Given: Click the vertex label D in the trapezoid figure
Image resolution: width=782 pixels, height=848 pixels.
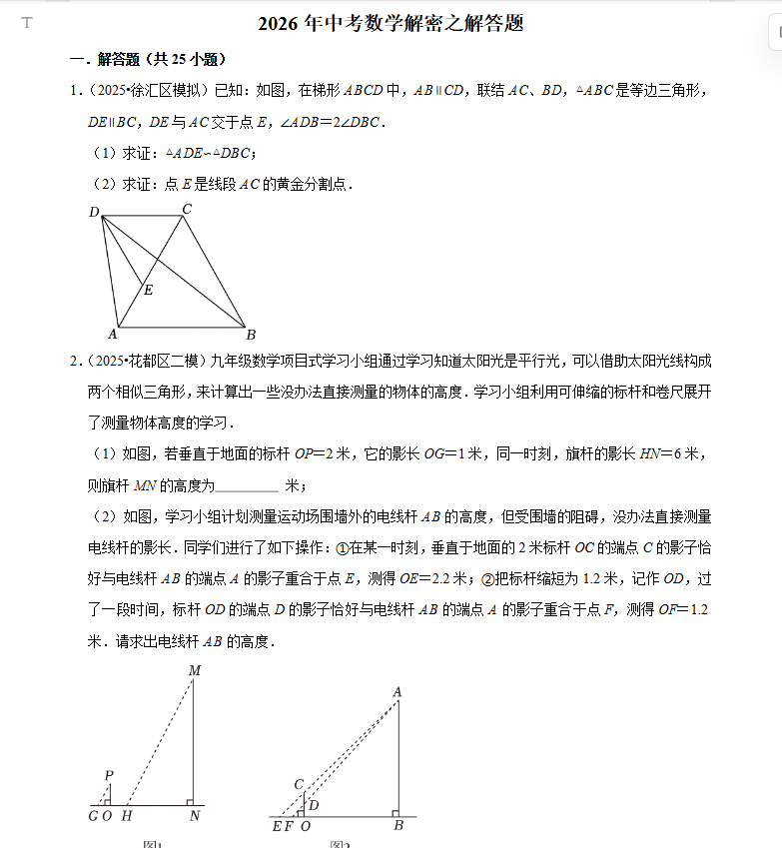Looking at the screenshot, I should click(x=94, y=212).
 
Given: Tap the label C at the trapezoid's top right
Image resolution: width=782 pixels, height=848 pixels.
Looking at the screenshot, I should click(x=186, y=209).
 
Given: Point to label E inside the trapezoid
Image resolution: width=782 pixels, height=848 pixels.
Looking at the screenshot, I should click(x=148, y=290).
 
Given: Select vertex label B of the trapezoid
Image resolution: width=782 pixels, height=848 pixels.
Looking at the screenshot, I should click(x=251, y=334).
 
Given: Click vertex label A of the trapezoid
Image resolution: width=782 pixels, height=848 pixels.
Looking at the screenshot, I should click(x=113, y=334).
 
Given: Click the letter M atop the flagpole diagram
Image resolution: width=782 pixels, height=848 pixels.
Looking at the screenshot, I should click(x=195, y=671).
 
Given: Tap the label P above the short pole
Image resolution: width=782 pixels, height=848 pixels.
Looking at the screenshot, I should click(x=108, y=775).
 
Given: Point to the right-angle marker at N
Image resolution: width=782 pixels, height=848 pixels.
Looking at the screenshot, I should click(x=189, y=801).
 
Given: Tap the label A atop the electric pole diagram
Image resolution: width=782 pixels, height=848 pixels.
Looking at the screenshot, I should click(x=396, y=691).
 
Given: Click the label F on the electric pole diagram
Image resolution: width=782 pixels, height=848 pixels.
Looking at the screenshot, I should click(x=290, y=826).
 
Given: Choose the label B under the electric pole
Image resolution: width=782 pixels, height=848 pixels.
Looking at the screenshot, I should click(x=397, y=826).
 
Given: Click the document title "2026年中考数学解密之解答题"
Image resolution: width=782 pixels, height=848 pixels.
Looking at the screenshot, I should click(x=391, y=24).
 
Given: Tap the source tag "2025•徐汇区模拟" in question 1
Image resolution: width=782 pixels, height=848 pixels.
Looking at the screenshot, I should click(x=149, y=92).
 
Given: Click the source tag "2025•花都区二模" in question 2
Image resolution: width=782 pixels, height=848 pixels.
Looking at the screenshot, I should click(x=149, y=361).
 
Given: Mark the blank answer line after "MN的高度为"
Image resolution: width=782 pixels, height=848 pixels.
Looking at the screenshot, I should click(x=247, y=486).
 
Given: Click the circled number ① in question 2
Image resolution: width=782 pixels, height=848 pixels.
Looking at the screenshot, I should click(x=342, y=548).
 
